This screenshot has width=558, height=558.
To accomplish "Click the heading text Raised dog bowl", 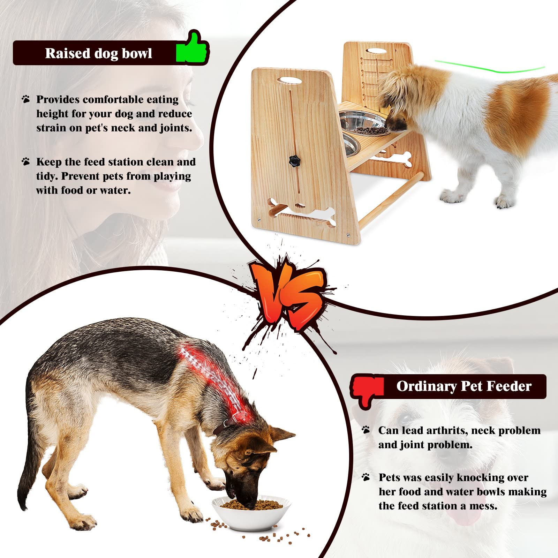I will [x=99, y=53].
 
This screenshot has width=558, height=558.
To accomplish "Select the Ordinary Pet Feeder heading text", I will [x=463, y=386].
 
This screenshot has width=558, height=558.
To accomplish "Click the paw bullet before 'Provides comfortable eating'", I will [x=26, y=99].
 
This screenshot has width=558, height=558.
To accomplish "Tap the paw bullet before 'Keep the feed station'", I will [x=26, y=162].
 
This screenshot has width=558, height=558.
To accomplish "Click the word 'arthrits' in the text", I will [x=447, y=430].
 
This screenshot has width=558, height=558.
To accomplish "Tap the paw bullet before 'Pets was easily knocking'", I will [x=366, y=477].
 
